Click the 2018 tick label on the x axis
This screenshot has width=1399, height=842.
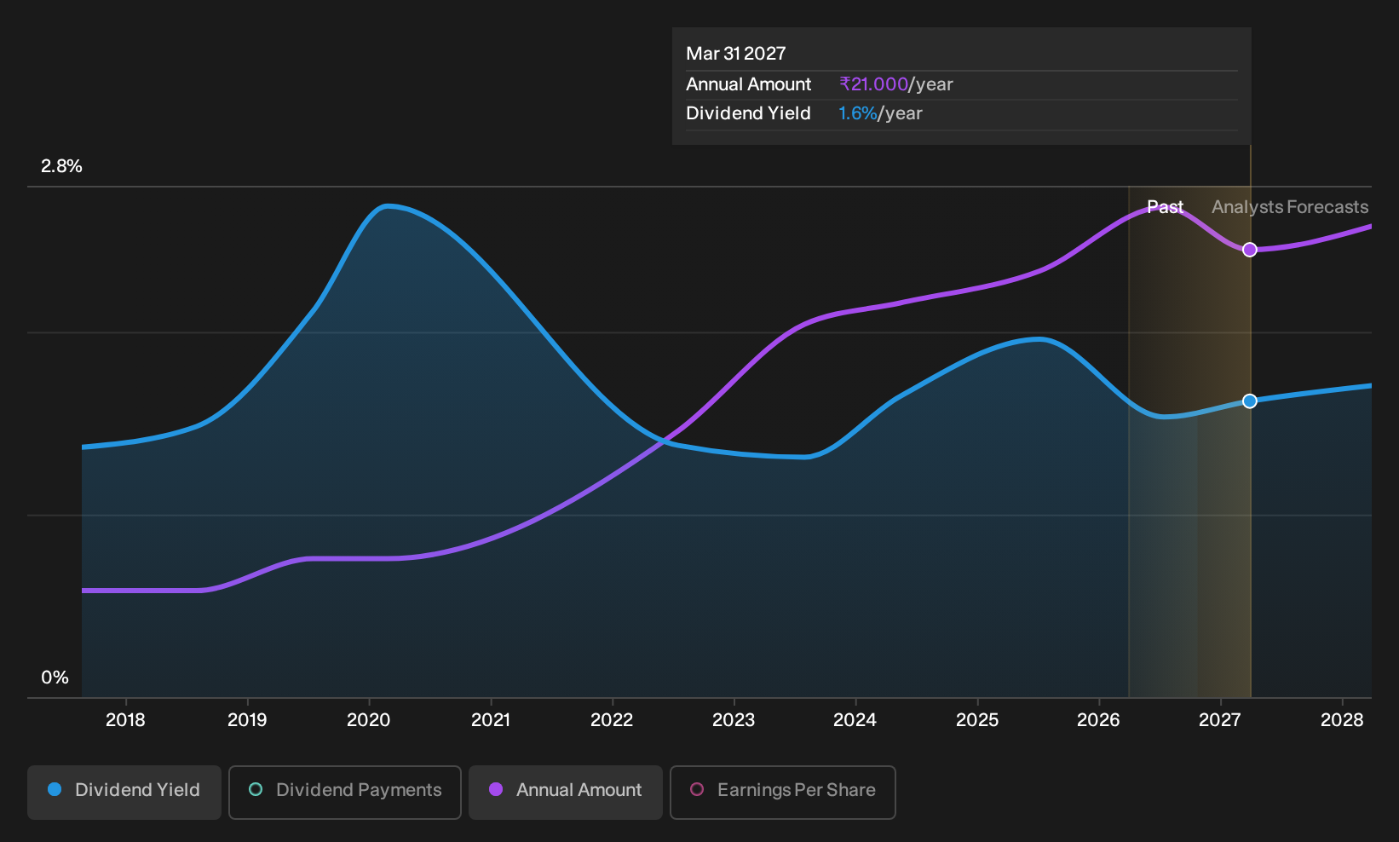[x=125, y=720]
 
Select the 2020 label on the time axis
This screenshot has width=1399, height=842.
[x=368, y=720]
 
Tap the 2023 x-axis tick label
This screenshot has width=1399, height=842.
[x=734, y=720]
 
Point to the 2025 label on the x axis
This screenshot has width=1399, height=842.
[x=977, y=720]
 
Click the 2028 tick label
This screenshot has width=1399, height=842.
[x=1342, y=720]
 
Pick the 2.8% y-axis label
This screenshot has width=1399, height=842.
[x=61, y=166]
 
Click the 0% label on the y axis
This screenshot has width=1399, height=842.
[x=55, y=678]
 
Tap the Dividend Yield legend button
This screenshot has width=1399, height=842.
[x=124, y=792]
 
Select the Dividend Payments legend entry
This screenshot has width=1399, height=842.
[x=345, y=792]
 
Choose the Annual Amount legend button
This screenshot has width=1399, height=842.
[x=565, y=792]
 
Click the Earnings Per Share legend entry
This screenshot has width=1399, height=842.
[x=782, y=792]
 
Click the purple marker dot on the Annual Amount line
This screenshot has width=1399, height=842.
[x=1250, y=250]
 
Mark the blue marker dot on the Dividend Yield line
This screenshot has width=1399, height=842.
[x=1250, y=401]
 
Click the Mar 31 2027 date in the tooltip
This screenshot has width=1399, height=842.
[x=736, y=54]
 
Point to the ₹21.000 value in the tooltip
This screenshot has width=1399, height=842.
[x=873, y=84]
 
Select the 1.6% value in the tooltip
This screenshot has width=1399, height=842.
[x=857, y=113]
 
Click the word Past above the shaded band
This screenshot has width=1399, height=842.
[x=1165, y=207]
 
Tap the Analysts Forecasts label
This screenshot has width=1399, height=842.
[x=1290, y=207]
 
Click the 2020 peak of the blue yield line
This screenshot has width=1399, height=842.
[x=388, y=205]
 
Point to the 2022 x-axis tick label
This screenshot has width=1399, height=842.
[x=612, y=720]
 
